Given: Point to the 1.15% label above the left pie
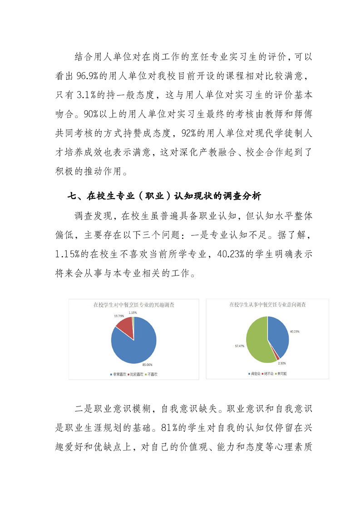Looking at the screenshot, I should click(133, 313).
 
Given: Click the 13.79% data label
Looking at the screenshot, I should click(119, 315).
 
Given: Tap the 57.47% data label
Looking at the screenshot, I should click(240, 346).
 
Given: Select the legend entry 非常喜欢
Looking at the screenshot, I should click(119, 374).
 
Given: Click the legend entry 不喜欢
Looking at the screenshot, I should click(157, 374).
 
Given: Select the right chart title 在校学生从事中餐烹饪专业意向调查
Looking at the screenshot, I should click(267, 305).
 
